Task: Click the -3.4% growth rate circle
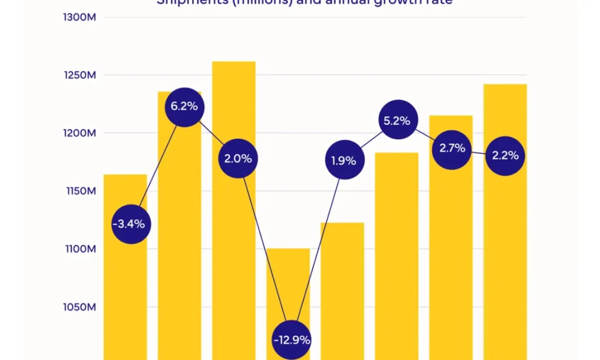pyautogui.click(x=131, y=224)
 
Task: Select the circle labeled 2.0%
pyautogui.click(x=238, y=159)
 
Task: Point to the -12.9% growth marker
pyautogui.click(x=292, y=340)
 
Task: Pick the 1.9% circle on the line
pyautogui.click(x=344, y=161)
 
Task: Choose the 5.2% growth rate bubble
pyautogui.click(x=398, y=121)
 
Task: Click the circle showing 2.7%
pyautogui.click(x=452, y=148)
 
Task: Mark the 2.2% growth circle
pyautogui.click(x=505, y=155)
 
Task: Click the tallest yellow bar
pyautogui.click(x=233, y=108)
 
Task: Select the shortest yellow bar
pyautogui.click(x=288, y=282)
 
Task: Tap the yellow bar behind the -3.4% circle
pyautogui.click(x=125, y=288)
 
